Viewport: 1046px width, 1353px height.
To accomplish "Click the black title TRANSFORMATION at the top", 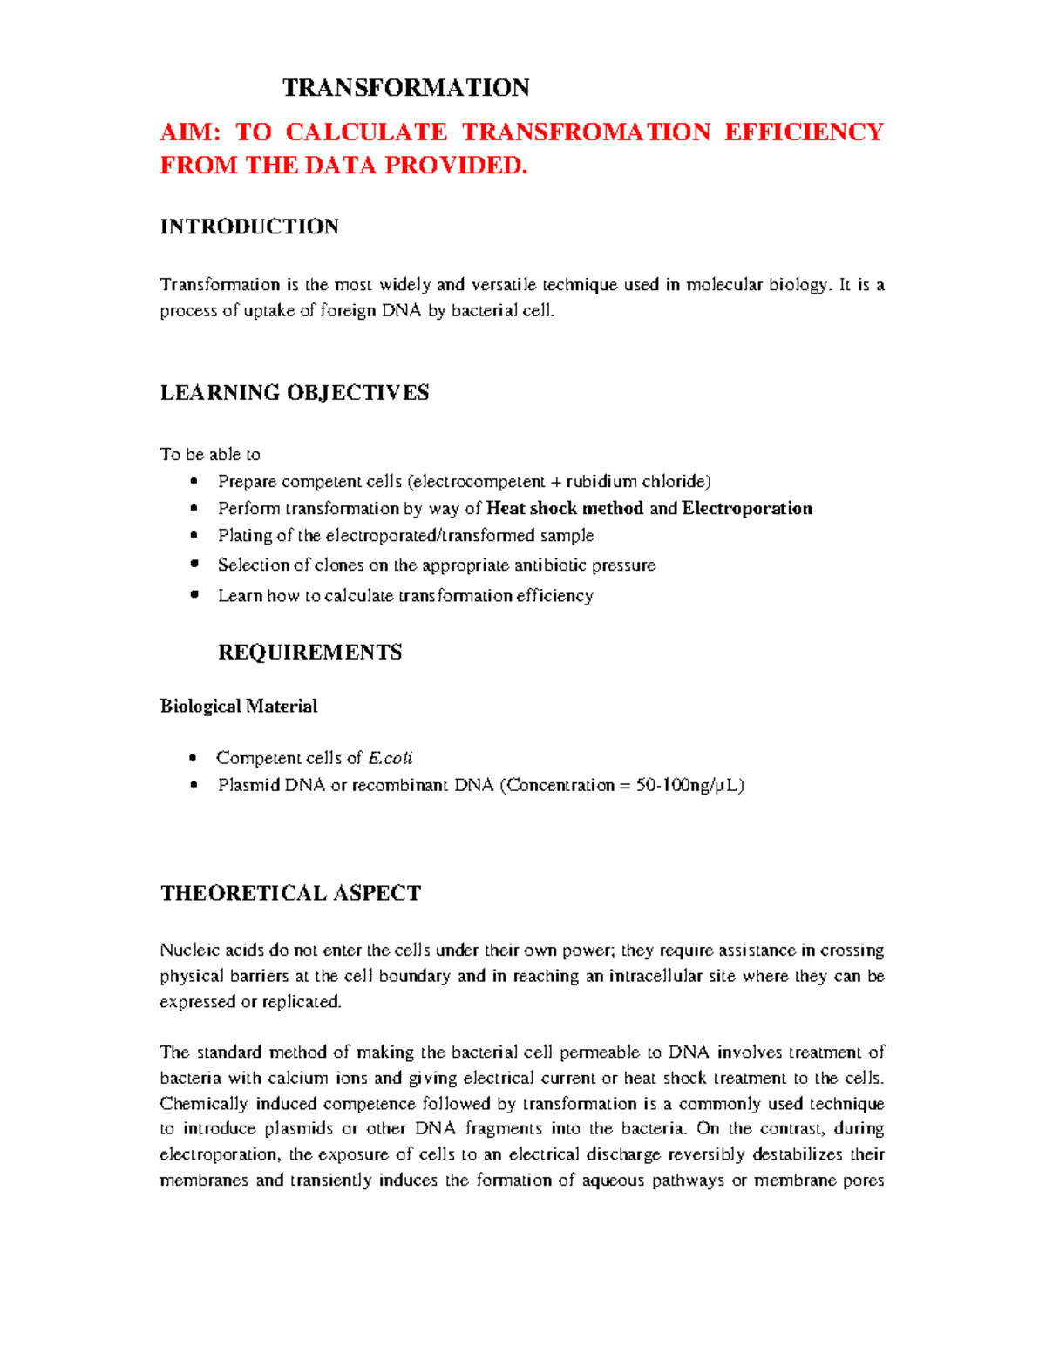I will [406, 88].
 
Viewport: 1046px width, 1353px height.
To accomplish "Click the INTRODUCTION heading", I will [249, 227].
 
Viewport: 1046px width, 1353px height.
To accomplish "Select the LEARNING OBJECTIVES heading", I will [295, 393].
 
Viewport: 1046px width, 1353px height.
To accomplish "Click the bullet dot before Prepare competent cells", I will [194, 481].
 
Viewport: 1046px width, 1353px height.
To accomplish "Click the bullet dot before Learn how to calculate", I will [194, 595].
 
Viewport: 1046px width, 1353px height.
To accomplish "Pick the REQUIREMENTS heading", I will [309, 653].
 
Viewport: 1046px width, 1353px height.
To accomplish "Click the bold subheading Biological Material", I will [238, 707].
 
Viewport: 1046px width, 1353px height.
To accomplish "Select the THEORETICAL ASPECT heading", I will [290, 894].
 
